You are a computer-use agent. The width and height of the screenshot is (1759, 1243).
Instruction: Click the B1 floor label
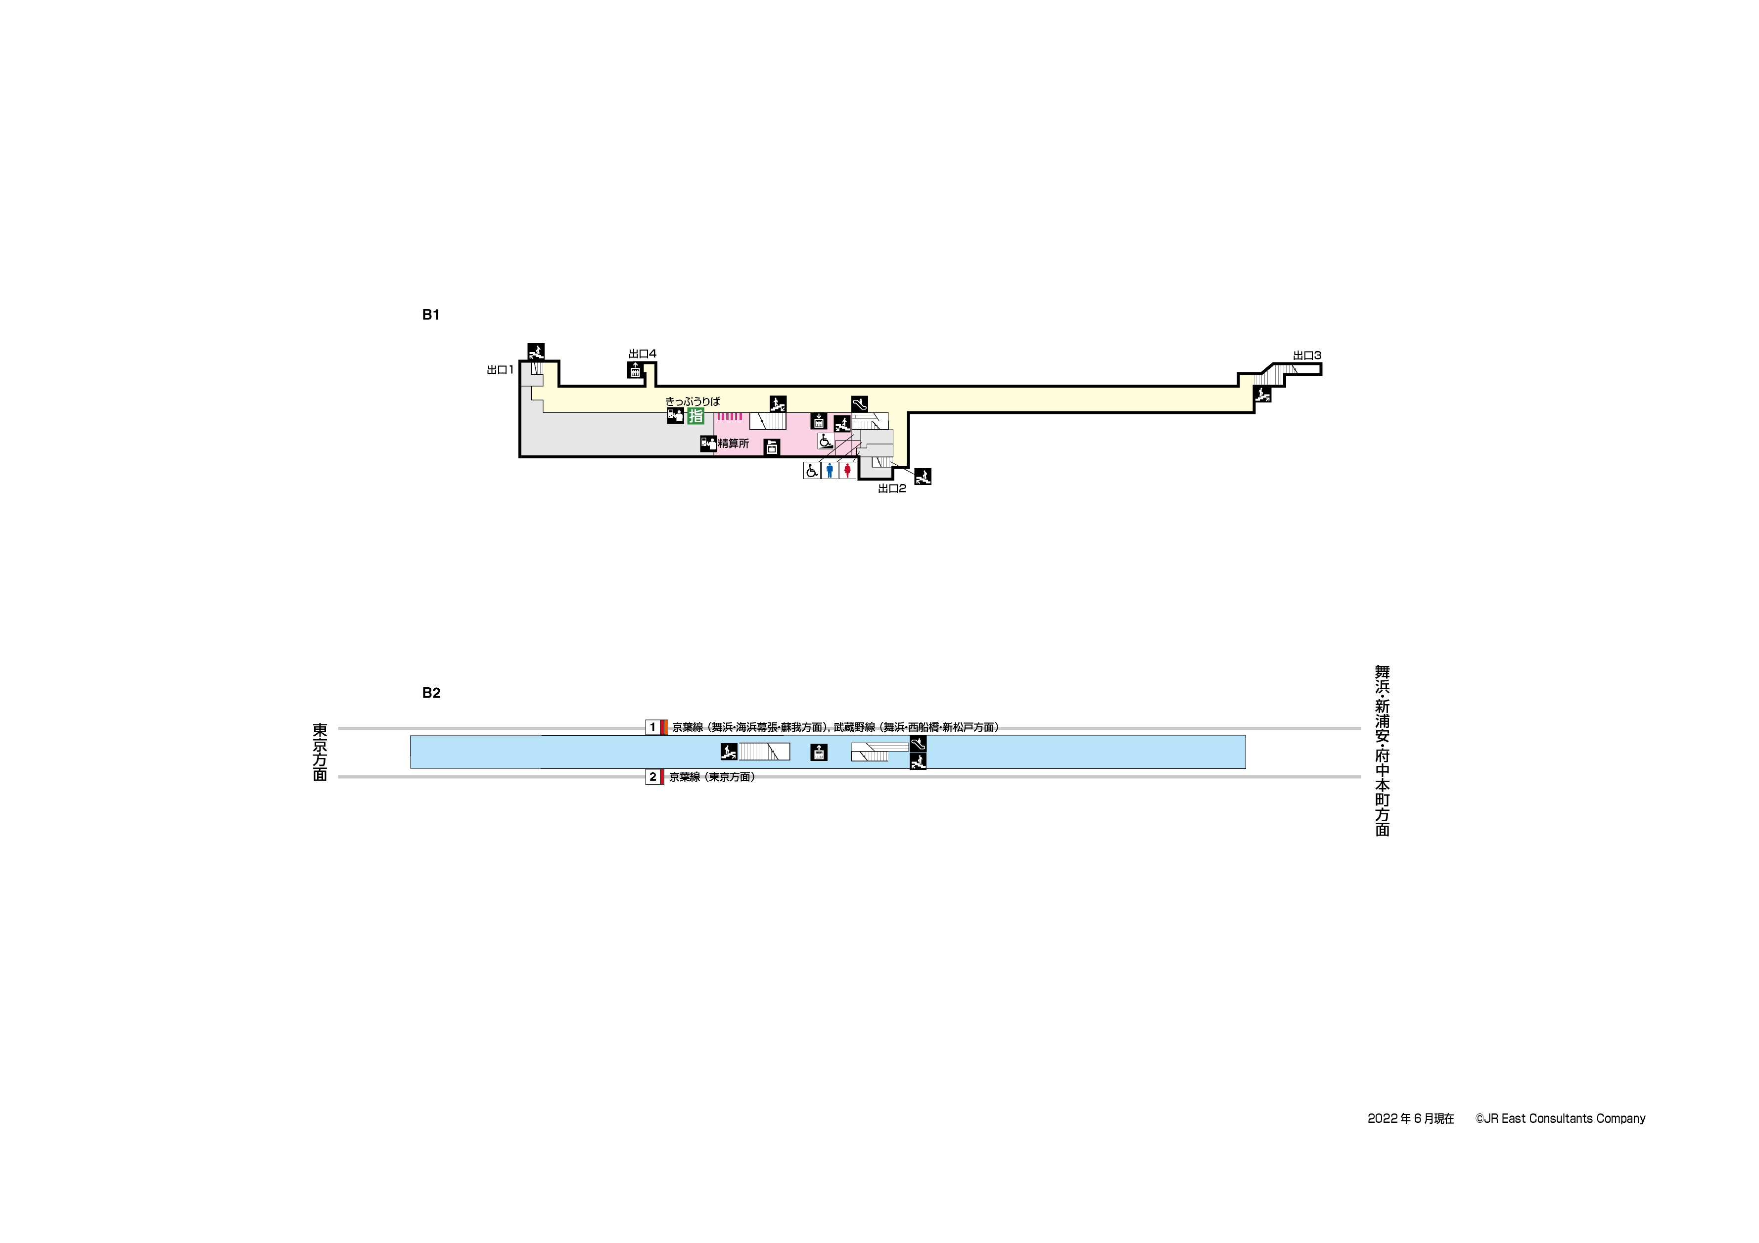click(430, 315)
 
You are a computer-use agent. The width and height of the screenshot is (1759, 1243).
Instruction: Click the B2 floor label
click(431, 693)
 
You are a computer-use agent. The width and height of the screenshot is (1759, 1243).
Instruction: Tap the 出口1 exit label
click(500, 370)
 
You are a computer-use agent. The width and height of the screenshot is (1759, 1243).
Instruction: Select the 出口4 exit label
click(642, 354)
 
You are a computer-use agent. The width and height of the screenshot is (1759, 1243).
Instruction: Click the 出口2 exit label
click(892, 488)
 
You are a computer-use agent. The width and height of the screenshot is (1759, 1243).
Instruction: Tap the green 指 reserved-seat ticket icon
click(695, 416)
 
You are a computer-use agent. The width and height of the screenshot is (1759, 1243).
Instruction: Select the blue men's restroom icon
click(830, 470)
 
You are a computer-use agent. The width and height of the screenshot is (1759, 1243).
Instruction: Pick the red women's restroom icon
click(847, 470)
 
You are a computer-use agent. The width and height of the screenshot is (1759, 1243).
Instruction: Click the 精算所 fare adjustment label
click(733, 444)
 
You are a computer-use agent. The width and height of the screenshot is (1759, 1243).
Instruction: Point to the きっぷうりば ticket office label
click(693, 401)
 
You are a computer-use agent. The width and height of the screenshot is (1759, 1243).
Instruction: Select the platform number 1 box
click(653, 728)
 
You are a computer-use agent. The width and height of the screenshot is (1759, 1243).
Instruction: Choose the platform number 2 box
click(653, 777)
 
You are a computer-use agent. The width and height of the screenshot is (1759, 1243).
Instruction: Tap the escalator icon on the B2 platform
click(918, 744)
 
